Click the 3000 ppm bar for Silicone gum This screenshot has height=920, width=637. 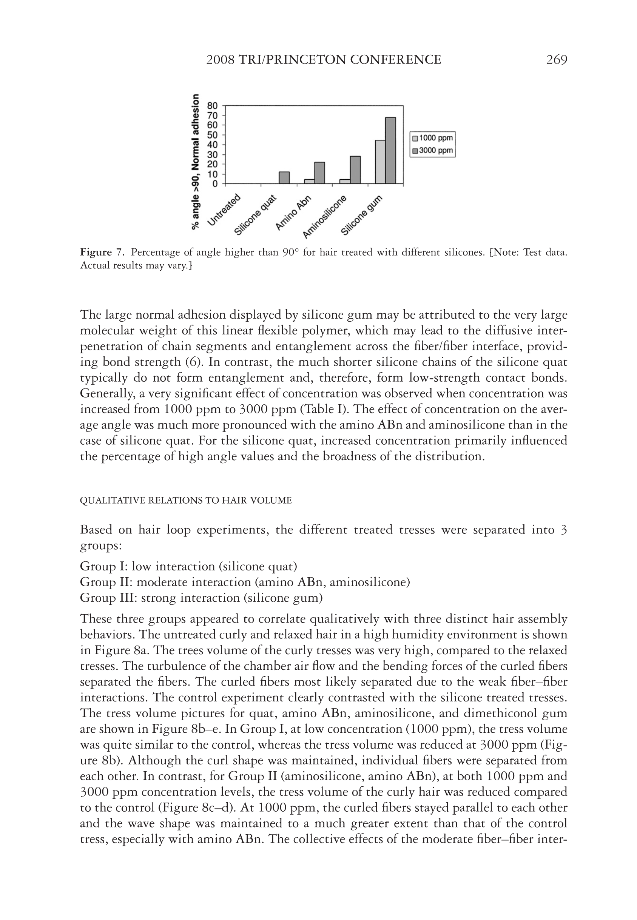pos(390,150)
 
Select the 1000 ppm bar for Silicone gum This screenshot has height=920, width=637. pos(380,162)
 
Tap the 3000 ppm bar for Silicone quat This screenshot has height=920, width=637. pos(284,177)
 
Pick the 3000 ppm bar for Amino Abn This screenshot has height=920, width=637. pos(320,173)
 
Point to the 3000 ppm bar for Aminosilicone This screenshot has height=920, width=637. pos(355,170)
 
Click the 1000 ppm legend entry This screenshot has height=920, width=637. pos(433,138)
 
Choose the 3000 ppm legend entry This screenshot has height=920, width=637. pos(433,150)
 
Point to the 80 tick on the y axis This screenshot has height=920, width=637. pos(213,106)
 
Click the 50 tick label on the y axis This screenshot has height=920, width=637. pos(213,135)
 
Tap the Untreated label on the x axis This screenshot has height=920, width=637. pos(225,210)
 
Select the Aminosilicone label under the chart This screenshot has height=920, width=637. pos(325,217)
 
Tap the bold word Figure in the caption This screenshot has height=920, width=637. pos(96,252)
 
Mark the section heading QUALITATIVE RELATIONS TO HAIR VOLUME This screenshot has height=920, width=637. pos(186,500)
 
